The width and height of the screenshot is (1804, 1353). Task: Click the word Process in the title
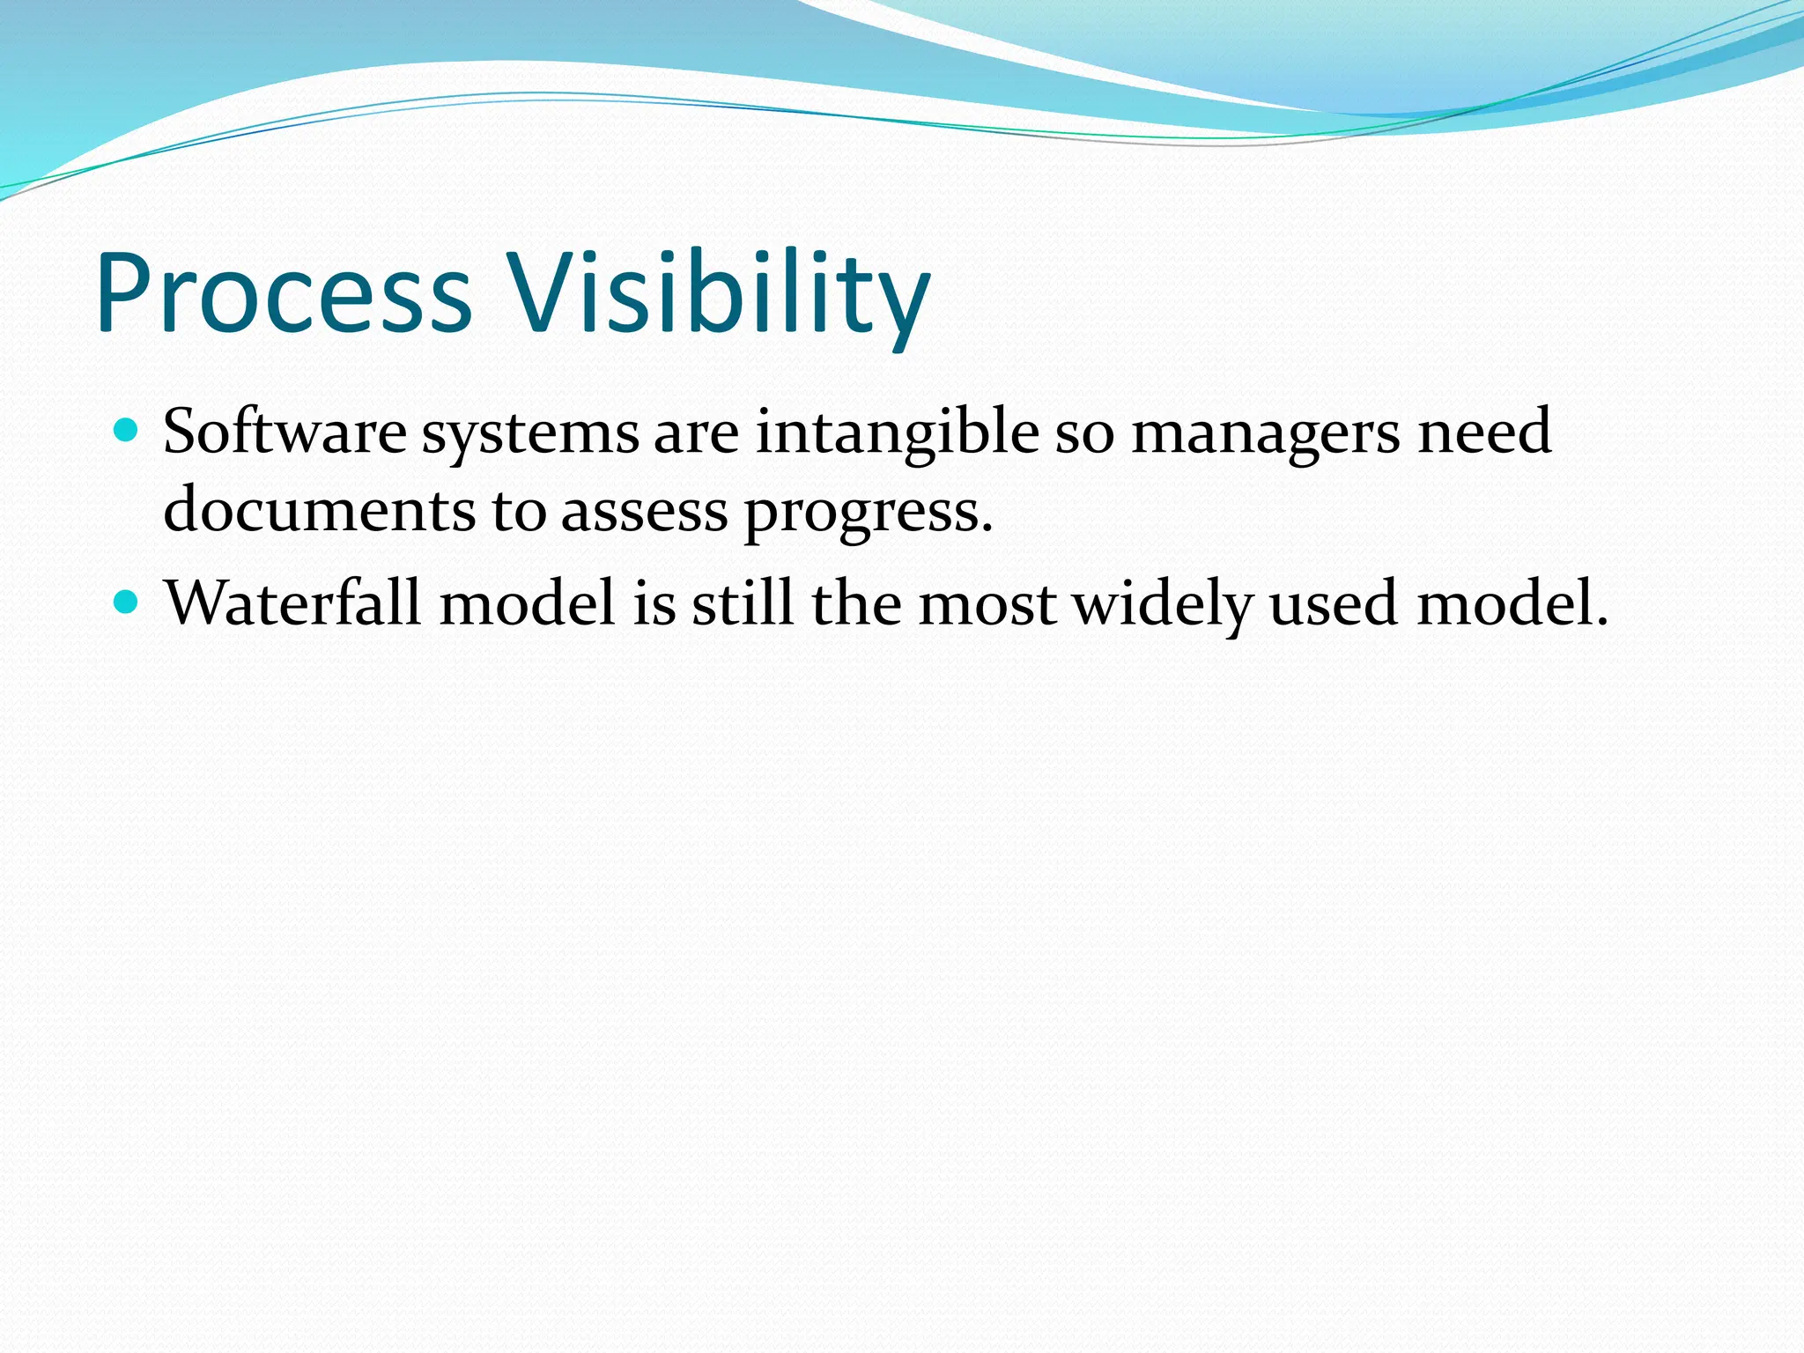284,293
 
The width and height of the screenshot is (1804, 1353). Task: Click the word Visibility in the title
721,293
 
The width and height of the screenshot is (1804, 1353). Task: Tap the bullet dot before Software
127,432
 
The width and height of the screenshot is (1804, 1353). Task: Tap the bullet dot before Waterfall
127,603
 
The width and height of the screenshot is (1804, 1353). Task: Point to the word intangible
897,433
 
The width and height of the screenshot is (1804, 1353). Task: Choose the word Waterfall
293,603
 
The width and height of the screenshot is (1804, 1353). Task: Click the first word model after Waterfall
527,603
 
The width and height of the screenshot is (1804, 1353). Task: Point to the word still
743,603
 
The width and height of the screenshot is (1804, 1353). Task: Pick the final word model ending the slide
1512,603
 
